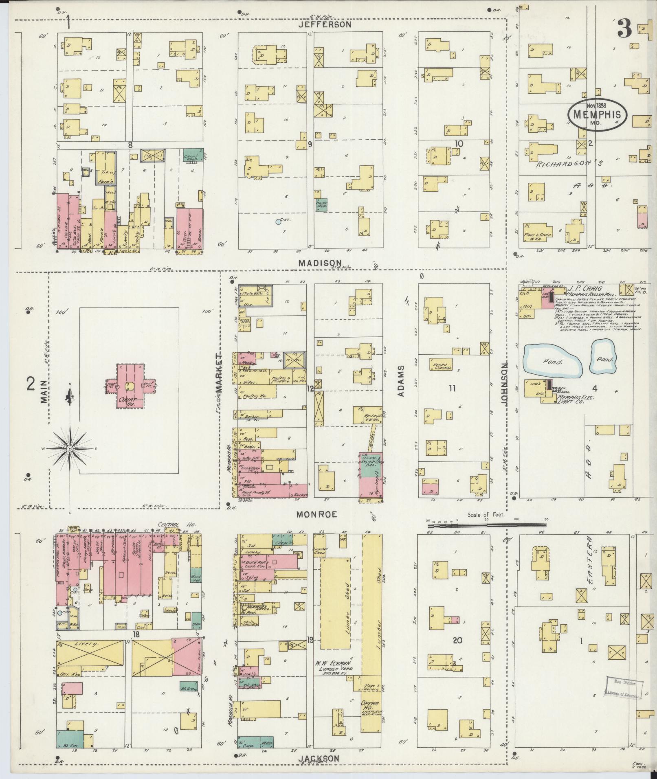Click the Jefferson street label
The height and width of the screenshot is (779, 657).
coord(324,24)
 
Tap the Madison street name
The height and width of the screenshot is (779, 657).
coord(320,263)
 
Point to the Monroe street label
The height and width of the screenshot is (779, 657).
coord(317,514)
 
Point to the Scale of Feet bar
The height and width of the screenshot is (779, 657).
coord(486,525)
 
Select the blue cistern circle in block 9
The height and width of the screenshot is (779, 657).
coord(278,222)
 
